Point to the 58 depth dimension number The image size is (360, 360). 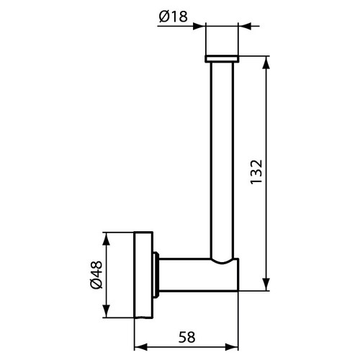pyautogui.click(x=186, y=336)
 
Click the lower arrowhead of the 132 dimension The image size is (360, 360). pyautogui.click(x=268, y=286)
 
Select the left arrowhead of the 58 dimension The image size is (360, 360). pyautogui.click(x=139, y=344)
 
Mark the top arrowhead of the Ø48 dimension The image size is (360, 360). pyautogui.click(x=107, y=236)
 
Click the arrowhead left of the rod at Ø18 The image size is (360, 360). pyautogui.click(x=202, y=27)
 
